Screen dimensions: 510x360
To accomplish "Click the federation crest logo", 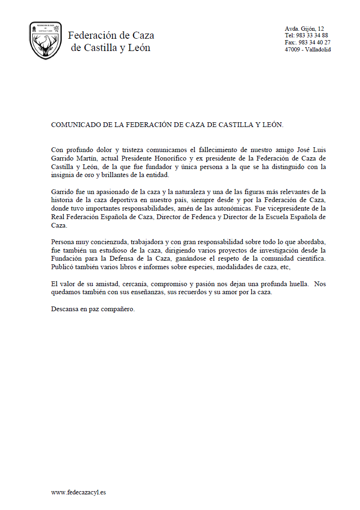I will pyautogui.click(x=45, y=41).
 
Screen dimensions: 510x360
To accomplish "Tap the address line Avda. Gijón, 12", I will pyautogui.click(x=304, y=29).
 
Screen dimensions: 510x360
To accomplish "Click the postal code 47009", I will pyautogui.click(x=293, y=50).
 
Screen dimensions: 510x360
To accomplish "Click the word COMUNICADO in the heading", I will pyautogui.click(x=74, y=125).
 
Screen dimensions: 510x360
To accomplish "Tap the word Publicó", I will pyautogui.click(x=62, y=267).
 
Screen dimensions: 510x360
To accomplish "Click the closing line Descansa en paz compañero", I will pyautogui.click(x=93, y=309).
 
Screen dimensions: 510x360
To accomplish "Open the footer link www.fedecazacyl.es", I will pyautogui.click(x=78, y=492).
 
